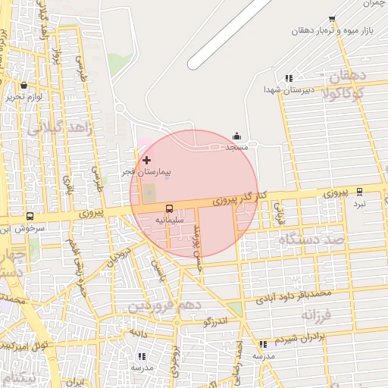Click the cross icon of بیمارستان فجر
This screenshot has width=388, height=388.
click(146, 160)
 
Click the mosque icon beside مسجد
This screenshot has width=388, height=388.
click(237, 136)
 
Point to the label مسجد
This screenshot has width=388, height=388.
click(238, 147)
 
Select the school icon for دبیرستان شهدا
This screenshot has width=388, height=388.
click(288, 78)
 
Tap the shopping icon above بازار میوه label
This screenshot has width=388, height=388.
click(332, 17)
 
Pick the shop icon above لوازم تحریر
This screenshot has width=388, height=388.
click(24, 86)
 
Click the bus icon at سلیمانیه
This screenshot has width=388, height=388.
click(168, 208)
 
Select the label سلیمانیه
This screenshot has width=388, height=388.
click(170, 219)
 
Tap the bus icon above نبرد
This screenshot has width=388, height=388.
click(359, 192)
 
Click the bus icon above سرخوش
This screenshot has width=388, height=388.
click(30, 216)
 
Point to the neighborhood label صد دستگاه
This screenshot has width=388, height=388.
click(310, 239)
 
